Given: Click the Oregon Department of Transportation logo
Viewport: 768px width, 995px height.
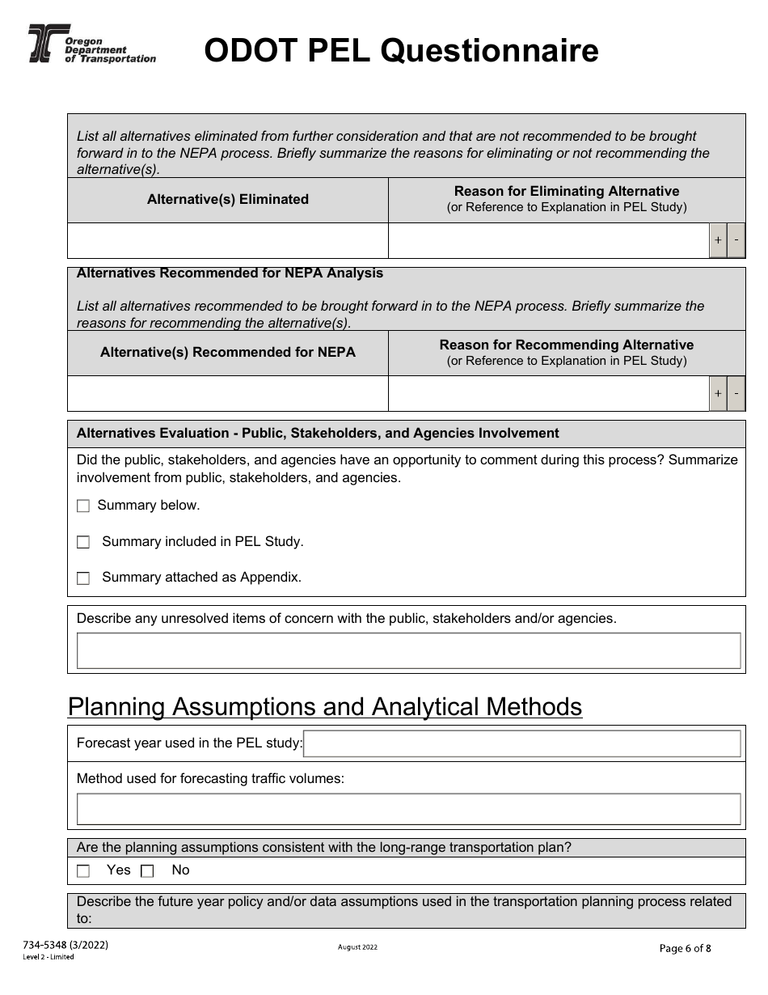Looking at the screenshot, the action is tap(91, 43).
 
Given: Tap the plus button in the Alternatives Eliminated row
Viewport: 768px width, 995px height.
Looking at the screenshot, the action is tap(718, 241).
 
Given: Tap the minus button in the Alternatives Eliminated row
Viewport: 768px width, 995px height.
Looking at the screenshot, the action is tap(736, 241).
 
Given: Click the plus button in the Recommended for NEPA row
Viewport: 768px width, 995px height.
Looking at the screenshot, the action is tap(718, 394).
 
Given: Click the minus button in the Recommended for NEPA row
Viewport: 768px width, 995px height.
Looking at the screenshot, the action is tap(736, 394).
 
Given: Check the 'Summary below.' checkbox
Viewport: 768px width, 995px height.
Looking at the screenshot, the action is tap(83, 506).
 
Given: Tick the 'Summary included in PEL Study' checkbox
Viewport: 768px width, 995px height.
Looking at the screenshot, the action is tap(83, 543).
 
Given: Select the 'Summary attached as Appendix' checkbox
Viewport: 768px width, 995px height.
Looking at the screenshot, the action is tap(83, 578).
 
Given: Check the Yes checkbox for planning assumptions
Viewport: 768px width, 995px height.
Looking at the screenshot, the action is tap(83, 871).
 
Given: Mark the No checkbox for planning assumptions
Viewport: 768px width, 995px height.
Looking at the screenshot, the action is tap(147, 871).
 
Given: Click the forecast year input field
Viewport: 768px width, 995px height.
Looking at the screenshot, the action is tap(521, 743).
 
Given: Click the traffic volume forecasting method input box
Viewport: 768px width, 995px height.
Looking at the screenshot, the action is tap(408, 809).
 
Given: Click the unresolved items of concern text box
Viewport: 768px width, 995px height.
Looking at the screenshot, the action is tap(408, 650).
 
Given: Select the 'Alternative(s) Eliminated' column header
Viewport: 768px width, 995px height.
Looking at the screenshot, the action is tap(228, 200).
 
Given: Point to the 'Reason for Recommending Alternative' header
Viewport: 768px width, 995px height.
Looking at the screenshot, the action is tap(566, 345).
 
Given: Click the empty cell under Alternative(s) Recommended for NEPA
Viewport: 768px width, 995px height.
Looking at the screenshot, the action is tap(228, 394).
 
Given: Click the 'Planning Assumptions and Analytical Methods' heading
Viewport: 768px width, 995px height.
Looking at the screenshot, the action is tap(325, 707).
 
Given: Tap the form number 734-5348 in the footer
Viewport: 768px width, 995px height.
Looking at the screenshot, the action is tap(64, 945).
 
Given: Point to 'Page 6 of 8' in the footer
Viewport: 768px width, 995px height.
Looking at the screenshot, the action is tap(686, 949).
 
